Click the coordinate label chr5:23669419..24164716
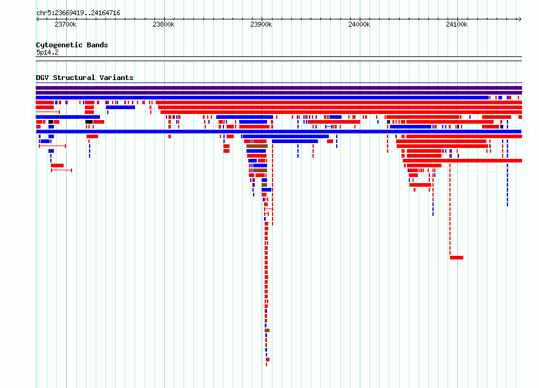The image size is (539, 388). coord(78,13)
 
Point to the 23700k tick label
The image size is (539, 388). coord(65,24)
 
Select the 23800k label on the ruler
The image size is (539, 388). coord(164,24)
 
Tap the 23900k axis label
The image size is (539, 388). coord(261,24)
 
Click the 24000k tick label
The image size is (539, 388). coord(359,24)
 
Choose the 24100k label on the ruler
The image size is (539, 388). coord(457,24)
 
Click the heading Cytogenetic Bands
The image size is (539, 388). coord(72,45)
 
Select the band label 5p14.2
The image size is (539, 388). coord(47,53)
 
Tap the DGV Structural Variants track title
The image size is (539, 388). coord(85,78)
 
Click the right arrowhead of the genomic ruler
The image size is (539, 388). coord(521,19)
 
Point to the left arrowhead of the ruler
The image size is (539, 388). coord(37,19)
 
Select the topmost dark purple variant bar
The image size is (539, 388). coord(279,88)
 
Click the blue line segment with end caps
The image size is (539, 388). coord(329,127)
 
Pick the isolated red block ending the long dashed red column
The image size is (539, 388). coord(457,258)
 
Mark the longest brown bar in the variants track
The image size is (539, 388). coord(257,146)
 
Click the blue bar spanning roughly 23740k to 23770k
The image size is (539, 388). coord(121,107)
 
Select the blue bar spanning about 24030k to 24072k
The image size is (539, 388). coord(411,127)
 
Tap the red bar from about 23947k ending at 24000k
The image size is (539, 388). coord(334,122)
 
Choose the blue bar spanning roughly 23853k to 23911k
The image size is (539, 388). coord(245,117)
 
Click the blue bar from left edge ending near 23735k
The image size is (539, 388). coord(68,117)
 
